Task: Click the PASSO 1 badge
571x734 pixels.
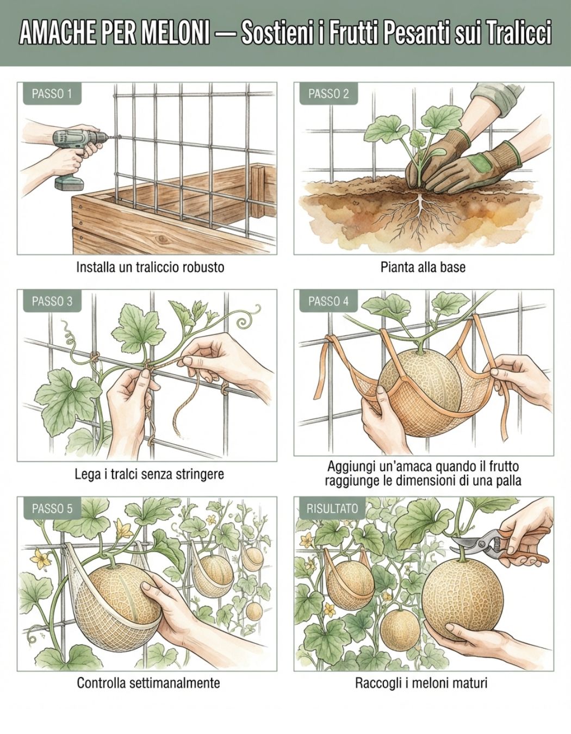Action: click(x=52, y=94)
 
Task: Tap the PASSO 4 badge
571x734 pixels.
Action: click(x=328, y=301)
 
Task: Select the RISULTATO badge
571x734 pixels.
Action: click(x=332, y=508)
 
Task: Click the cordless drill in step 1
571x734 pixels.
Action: click(x=79, y=156)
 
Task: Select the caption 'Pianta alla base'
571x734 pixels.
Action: click(x=423, y=267)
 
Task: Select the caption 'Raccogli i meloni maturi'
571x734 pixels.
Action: click(x=421, y=683)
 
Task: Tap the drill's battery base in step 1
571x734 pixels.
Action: click(x=69, y=183)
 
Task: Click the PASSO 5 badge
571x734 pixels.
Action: click(x=52, y=508)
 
